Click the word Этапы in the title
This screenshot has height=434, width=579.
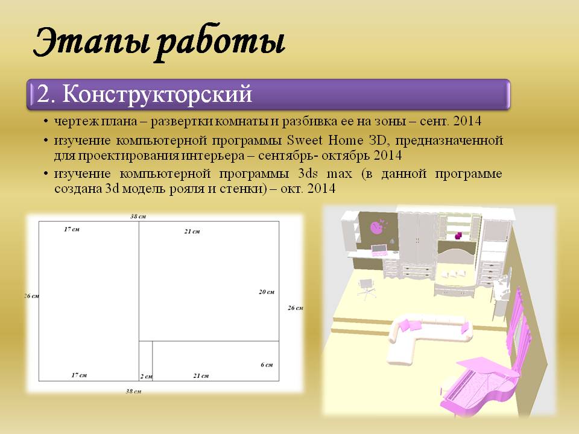click(92, 42)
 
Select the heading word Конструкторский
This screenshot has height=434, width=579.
click(157, 94)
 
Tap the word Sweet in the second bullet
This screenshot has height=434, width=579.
click(305, 140)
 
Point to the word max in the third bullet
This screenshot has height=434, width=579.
click(339, 174)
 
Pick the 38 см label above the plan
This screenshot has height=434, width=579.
click(138, 216)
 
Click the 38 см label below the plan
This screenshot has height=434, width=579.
click(133, 391)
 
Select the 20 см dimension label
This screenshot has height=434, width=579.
click(266, 292)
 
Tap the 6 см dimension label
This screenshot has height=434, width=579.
click(267, 365)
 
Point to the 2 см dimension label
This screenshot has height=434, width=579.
click(146, 376)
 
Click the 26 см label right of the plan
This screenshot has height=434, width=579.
click(296, 308)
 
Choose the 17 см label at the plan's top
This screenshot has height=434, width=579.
click(72, 229)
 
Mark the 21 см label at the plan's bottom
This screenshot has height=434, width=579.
click(201, 376)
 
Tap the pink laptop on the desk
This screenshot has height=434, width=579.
click(379, 251)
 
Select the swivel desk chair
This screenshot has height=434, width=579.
click(366, 289)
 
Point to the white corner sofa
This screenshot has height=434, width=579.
click(425, 338)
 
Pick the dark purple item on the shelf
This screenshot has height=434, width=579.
click(459, 236)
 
